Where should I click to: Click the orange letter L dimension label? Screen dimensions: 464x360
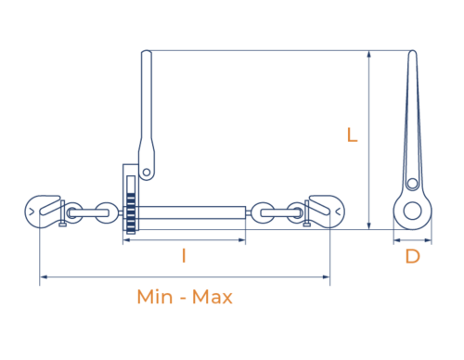coord(352,135)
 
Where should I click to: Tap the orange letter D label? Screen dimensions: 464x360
coord(412,256)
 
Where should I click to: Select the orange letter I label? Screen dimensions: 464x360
coord(184,256)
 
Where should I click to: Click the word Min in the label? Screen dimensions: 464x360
coord(155,297)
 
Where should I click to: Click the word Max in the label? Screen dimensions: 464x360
coord(213,297)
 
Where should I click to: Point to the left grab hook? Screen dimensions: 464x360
coord(44,212)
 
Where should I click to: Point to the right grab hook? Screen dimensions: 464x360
coord(325,212)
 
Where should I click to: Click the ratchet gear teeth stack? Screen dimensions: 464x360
coord(131,213)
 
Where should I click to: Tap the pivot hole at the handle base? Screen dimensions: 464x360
coord(147,173)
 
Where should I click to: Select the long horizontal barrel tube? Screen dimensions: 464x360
coord(191,212)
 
